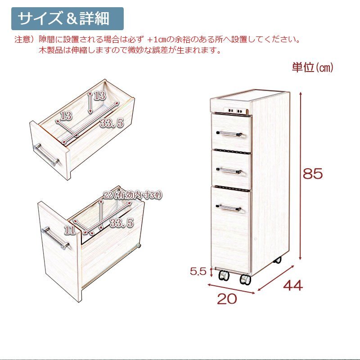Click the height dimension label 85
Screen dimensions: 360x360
(313, 174)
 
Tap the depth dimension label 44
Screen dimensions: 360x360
(293, 286)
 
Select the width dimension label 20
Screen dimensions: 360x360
(227, 299)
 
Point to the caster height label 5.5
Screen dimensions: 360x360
(198, 271)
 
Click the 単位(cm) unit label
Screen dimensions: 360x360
(312, 67)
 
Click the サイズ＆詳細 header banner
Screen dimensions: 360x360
(67, 18)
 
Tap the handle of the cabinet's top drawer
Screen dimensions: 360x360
(229, 134)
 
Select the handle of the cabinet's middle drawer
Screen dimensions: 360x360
(229, 171)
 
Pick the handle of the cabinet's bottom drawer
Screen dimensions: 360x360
(229, 208)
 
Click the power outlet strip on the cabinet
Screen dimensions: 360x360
(235, 111)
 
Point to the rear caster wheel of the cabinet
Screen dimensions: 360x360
(277, 260)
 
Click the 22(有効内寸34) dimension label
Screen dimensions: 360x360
(133, 195)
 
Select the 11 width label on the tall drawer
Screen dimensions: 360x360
(70, 230)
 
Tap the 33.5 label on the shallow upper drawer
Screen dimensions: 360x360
(112, 123)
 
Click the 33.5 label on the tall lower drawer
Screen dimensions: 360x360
(121, 223)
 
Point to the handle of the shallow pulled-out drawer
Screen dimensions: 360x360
(47, 154)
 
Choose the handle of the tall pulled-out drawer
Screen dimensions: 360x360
(55, 238)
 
